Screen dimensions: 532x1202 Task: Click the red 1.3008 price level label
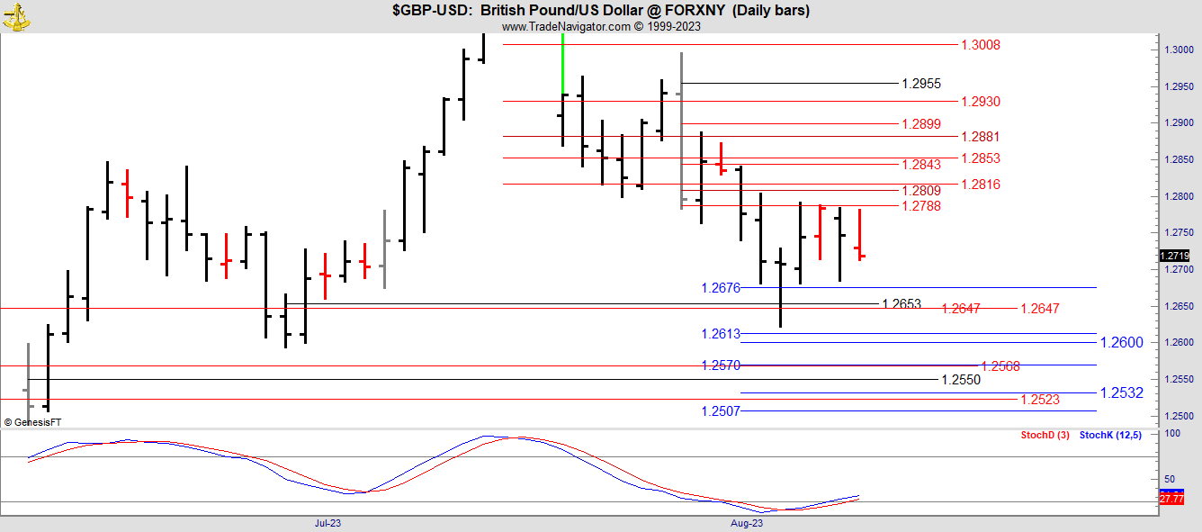tap(981, 45)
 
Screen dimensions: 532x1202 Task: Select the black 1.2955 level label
tap(921, 84)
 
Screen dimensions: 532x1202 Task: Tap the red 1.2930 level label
tap(981, 102)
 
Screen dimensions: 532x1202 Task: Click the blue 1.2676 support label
tap(721, 288)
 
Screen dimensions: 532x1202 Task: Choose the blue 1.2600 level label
tap(1122, 342)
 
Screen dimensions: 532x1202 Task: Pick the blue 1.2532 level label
tap(1122, 392)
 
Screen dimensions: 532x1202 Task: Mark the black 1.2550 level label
tap(961, 380)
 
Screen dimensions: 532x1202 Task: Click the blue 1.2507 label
tap(721, 411)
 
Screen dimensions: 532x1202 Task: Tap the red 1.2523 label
tap(1040, 400)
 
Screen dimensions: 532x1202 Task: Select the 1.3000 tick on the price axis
tap(1179, 50)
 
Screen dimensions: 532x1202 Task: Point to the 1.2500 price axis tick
tap(1179, 416)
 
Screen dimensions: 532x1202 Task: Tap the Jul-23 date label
tap(327, 523)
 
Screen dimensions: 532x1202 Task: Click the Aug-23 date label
tap(746, 523)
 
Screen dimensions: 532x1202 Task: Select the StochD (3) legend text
tap(1045, 436)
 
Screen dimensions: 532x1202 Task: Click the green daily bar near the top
tap(562, 63)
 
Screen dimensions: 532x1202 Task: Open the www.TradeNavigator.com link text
tap(567, 26)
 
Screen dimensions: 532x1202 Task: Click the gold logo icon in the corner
tap(17, 15)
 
